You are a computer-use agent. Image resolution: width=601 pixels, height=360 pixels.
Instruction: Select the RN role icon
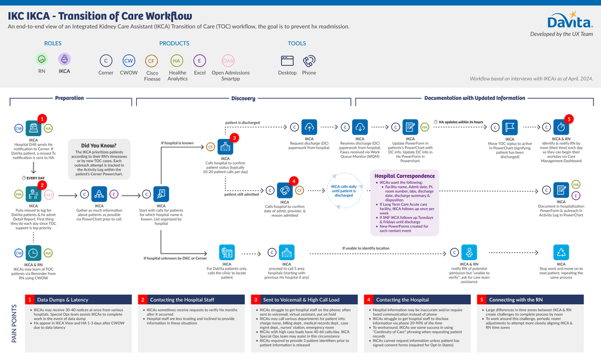[42, 59]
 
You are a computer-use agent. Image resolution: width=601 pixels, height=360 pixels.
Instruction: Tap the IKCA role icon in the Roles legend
[64, 59]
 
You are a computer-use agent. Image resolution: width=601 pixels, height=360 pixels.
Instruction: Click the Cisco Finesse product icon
[151, 60]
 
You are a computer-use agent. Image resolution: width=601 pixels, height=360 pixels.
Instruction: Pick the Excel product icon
[200, 60]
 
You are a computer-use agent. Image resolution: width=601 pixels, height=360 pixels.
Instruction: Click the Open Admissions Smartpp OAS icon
[228, 60]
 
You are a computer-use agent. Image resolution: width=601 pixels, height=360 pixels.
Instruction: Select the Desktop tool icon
[288, 60]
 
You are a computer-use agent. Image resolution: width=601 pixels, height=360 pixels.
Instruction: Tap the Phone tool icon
[309, 60]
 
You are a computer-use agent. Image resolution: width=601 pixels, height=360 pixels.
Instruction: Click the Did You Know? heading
[99, 146]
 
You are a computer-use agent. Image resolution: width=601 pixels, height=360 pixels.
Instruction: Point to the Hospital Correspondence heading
[405, 176]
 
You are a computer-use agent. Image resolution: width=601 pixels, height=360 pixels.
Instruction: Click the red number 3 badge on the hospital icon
[235, 138]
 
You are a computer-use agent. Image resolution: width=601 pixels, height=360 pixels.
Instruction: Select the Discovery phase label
[243, 98]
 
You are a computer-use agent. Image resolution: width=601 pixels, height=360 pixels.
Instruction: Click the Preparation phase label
[69, 98]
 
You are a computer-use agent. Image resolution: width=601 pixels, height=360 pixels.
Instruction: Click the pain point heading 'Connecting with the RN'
[511, 300]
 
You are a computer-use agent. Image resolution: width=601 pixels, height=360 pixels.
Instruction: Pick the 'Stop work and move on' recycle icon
[561, 253]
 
